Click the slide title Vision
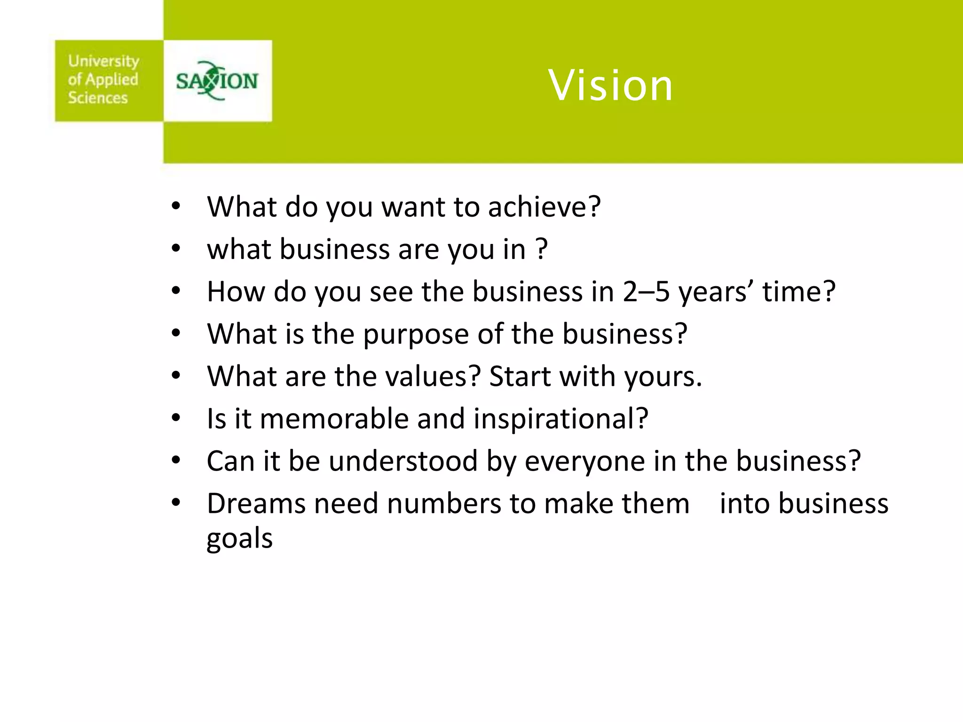tap(610, 86)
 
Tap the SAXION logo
tap(217, 81)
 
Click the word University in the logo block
tap(103, 61)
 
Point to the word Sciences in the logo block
tap(98, 98)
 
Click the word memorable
tap(334, 418)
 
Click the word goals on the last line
tap(240, 539)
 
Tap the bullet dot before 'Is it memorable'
tap(176, 418)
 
